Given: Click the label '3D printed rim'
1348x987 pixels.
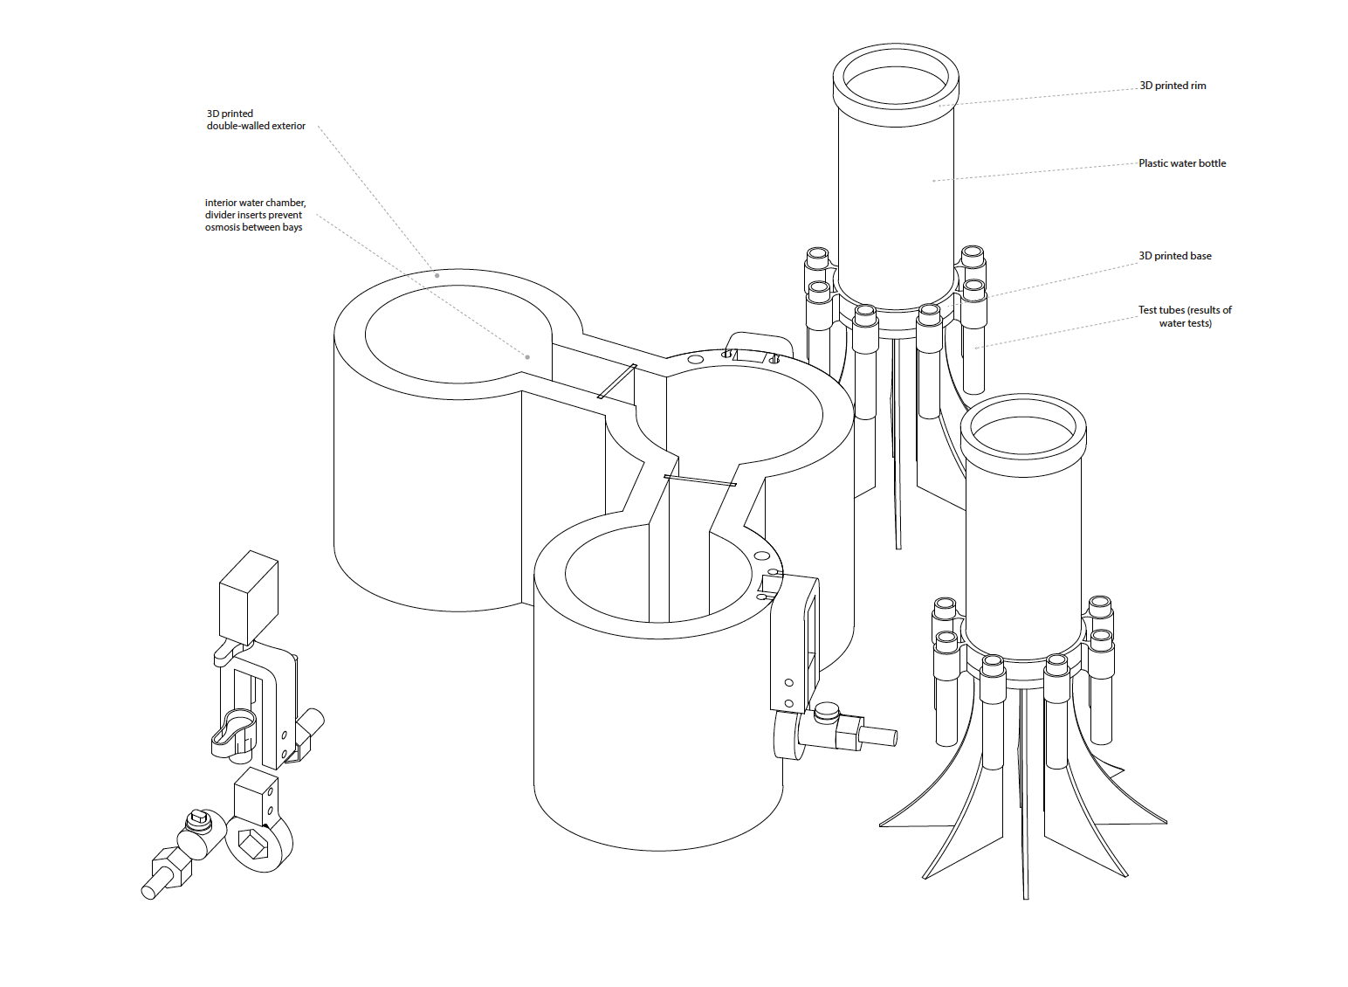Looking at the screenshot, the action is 1173,86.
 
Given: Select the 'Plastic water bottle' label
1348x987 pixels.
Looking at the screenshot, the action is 1182,163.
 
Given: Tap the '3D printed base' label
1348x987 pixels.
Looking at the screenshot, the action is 1174,256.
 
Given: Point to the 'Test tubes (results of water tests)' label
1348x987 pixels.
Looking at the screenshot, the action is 1185,317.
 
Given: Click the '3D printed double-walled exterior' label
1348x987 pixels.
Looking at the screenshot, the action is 256,120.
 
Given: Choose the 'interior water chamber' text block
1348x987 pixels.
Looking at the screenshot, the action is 255,215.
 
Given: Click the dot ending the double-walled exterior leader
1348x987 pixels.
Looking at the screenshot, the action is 437,276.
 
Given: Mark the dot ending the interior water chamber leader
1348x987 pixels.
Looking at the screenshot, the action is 528,357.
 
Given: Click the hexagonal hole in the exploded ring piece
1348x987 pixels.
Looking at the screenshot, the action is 253,843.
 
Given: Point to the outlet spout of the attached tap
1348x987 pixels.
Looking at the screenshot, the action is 878,735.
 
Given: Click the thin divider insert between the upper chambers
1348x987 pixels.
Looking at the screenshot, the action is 617,381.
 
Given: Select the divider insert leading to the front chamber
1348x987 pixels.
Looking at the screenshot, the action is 700,480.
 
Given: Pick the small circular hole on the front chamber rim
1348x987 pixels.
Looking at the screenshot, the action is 762,556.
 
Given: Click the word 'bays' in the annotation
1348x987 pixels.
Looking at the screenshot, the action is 292,227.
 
